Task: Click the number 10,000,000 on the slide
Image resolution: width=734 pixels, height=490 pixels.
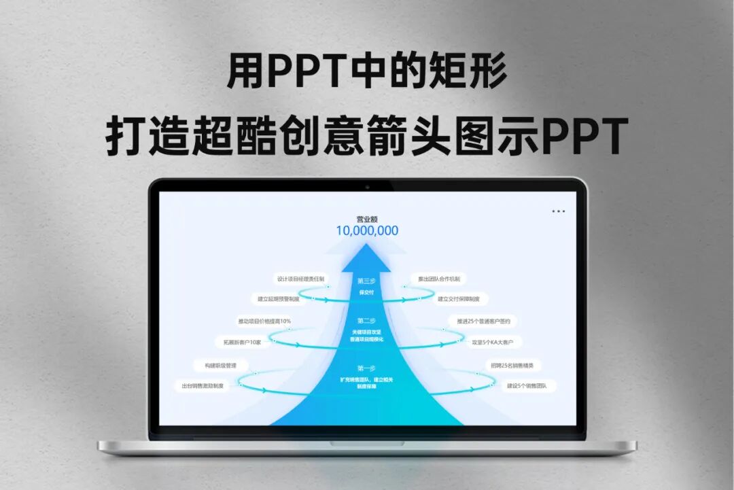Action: coord(367,230)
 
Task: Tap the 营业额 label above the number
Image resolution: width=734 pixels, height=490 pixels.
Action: coord(367,219)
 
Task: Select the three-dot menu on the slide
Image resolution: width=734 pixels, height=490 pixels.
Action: coord(559,211)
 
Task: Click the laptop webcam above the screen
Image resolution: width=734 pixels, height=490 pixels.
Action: coord(367,186)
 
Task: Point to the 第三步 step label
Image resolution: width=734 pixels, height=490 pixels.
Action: coord(366,280)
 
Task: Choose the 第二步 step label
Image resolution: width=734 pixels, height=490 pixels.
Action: coord(366,320)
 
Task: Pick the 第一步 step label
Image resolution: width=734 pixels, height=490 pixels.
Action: coord(366,368)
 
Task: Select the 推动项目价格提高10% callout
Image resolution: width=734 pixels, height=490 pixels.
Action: coord(264,321)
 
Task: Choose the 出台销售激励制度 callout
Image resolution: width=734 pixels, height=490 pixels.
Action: coord(202,385)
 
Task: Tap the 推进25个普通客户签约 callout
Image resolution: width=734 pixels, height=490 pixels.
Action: coord(483,321)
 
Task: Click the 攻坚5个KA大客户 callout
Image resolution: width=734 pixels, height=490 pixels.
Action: coord(496,342)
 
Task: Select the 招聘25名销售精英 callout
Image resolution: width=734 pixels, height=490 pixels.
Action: coord(512,365)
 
